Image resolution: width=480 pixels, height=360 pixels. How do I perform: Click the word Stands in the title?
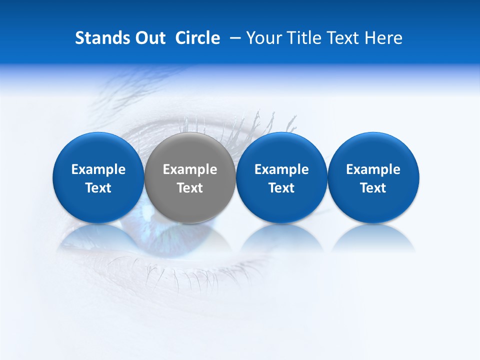(x=98, y=38)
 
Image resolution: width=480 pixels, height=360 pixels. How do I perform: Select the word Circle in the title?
(x=197, y=38)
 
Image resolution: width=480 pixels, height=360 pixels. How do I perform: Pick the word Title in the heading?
(x=300, y=38)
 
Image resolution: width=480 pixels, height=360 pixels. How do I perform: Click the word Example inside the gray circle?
(x=190, y=169)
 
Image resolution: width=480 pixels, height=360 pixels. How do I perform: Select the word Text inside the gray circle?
(x=190, y=188)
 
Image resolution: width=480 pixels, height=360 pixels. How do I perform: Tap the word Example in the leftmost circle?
(x=98, y=169)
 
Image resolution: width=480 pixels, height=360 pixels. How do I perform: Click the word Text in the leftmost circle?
(x=98, y=188)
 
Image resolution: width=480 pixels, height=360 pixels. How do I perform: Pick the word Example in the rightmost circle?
(x=373, y=169)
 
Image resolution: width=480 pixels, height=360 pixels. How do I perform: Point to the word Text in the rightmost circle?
(x=373, y=188)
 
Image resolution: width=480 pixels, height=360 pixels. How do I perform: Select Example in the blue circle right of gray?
(x=281, y=169)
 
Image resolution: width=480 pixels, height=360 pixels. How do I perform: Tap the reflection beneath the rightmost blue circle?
(x=373, y=238)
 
